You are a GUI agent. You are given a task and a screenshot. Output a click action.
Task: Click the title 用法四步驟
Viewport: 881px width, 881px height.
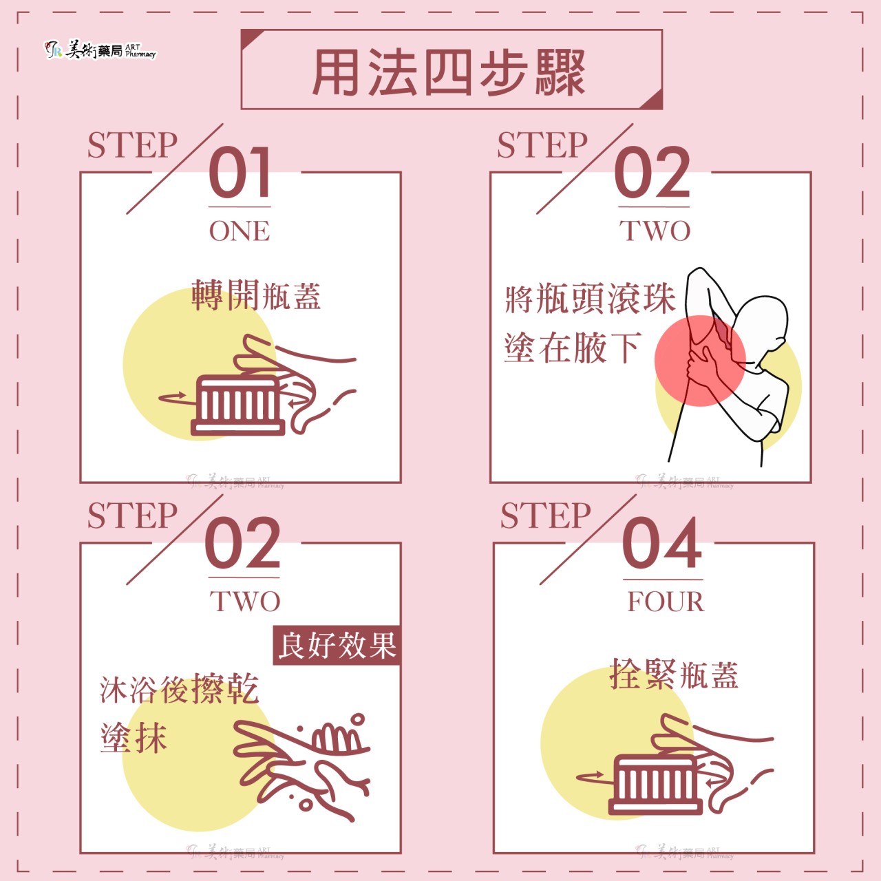tap(449, 72)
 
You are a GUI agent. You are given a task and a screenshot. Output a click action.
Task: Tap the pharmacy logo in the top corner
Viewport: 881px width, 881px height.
tap(100, 50)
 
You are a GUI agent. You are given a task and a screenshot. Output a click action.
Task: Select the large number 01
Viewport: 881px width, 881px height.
tap(239, 172)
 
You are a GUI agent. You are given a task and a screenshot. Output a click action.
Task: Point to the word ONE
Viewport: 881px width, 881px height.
tap(240, 231)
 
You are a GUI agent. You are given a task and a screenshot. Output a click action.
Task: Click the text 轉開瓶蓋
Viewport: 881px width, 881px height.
tap(256, 295)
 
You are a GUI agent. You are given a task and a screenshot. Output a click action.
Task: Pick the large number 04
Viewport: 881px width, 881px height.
tap(662, 543)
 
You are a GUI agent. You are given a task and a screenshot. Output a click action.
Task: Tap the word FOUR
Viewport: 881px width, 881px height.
tap(666, 601)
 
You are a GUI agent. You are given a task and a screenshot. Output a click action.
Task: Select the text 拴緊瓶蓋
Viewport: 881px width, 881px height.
tap(674, 675)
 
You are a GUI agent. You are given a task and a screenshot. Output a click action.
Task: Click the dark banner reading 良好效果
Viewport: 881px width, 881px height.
tap(337, 645)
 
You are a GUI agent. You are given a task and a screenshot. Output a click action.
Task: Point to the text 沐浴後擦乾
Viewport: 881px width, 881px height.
tap(179, 690)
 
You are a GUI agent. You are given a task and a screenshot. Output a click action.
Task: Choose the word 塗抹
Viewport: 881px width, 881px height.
tap(134, 737)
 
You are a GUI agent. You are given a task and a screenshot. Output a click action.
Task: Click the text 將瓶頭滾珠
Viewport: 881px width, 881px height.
tap(591, 298)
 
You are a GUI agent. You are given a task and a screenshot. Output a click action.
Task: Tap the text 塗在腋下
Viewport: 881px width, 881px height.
tap(573, 348)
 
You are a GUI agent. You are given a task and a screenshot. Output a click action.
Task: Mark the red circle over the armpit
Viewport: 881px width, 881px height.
tap(700, 360)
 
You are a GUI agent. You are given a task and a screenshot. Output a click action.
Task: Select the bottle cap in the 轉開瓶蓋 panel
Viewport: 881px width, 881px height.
tap(237, 405)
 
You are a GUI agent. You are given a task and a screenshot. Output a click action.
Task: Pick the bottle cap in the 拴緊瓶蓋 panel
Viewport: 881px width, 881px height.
tap(655, 785)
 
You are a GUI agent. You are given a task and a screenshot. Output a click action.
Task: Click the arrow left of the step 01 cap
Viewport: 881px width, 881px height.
tap(173, 398)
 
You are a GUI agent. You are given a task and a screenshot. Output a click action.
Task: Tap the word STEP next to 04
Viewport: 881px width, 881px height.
tap(545, 516)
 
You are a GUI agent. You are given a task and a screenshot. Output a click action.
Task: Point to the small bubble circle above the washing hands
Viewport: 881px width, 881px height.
tap(358, 720)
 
